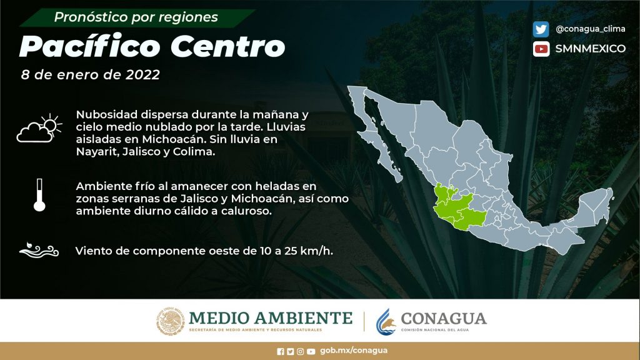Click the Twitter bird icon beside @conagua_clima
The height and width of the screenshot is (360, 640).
point(541,29)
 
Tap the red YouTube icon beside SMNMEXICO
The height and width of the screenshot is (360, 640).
point(541,49)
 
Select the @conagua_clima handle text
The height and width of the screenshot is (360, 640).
point(590,29)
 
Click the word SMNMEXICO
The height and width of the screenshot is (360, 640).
point(590,49)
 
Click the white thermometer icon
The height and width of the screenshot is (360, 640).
point(39,195)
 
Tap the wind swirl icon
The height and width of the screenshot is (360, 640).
point(39,250)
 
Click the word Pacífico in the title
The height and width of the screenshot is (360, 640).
point(90,46)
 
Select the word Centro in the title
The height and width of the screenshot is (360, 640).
point(227,46)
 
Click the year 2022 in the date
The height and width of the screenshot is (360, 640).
point(143,75)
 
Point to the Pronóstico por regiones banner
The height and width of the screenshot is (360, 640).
point(136,17)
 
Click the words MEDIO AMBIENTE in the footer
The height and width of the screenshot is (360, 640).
point(271,318)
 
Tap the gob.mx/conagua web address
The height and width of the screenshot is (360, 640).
point(354,351)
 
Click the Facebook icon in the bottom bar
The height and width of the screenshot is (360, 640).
point(281,351)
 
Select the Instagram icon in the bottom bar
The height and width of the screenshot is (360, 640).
point(301,351)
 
